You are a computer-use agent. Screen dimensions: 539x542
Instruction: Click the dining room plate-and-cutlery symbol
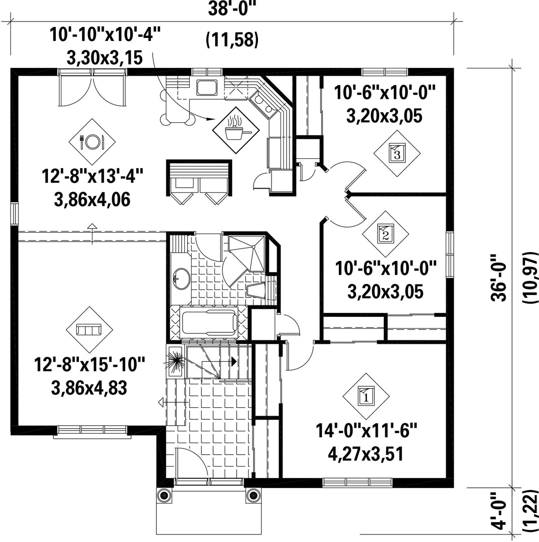pos(92,142)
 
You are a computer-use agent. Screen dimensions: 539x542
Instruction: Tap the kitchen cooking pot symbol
pos(236,130)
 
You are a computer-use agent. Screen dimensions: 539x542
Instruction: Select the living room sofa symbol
pos(89,330)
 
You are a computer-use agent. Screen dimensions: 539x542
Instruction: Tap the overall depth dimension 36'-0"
pos(498,277)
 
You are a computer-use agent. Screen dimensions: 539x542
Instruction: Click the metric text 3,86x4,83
pos(89,388)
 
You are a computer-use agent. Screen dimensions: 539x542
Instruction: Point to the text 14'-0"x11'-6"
pos(366,431)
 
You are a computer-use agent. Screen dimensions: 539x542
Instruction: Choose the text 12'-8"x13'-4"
pos(92,176)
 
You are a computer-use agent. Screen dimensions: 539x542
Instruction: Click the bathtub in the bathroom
pos(209,322)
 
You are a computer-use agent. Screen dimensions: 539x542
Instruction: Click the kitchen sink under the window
pos(207,88)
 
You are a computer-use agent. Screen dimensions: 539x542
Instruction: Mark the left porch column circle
pos(164,495)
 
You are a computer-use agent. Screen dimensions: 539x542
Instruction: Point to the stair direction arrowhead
pos(234,361)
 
